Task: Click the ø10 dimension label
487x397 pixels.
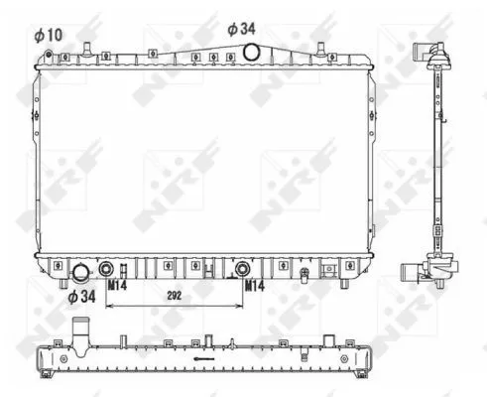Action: (x=48, y=35)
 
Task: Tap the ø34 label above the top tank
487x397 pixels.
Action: (x=242, y=29)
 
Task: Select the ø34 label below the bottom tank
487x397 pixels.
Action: (x=81, y=295)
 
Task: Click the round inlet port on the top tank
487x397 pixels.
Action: (x=252, y=52)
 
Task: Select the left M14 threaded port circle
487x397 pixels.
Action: (x=106, y=268)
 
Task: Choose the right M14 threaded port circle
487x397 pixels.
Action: (x=242, y=268)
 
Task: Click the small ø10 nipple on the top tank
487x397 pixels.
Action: (x=86, y=47)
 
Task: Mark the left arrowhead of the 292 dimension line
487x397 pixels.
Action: (x=109, y=305)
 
